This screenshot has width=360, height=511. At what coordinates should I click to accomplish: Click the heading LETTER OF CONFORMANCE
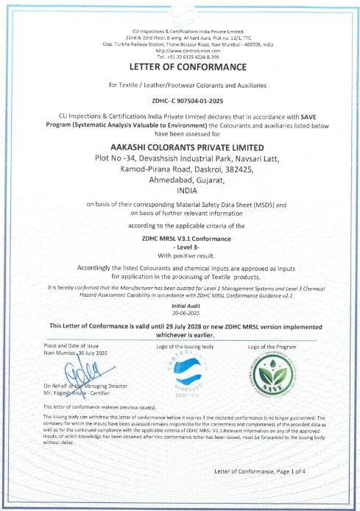tap(180, 66)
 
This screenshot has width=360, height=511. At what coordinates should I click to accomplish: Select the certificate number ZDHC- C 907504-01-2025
tap(180, 99)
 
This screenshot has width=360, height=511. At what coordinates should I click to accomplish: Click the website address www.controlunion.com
tap(180, 50)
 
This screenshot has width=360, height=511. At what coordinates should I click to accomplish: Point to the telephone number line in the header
tap(180, 56)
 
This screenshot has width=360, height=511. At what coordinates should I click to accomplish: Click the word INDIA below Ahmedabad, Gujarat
tap(180, 189)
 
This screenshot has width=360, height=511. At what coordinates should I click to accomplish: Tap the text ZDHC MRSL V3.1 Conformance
tap(180, 239)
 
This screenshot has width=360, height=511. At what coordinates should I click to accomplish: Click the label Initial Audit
tap(180, 304)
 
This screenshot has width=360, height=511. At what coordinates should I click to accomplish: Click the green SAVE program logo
tap(271, 376)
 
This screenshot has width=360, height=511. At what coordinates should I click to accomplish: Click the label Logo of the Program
tap(272, 346)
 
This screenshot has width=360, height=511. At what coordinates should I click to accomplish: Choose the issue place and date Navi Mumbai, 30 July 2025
tap(76, 353)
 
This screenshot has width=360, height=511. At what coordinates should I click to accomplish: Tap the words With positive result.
tap(180, 255)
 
